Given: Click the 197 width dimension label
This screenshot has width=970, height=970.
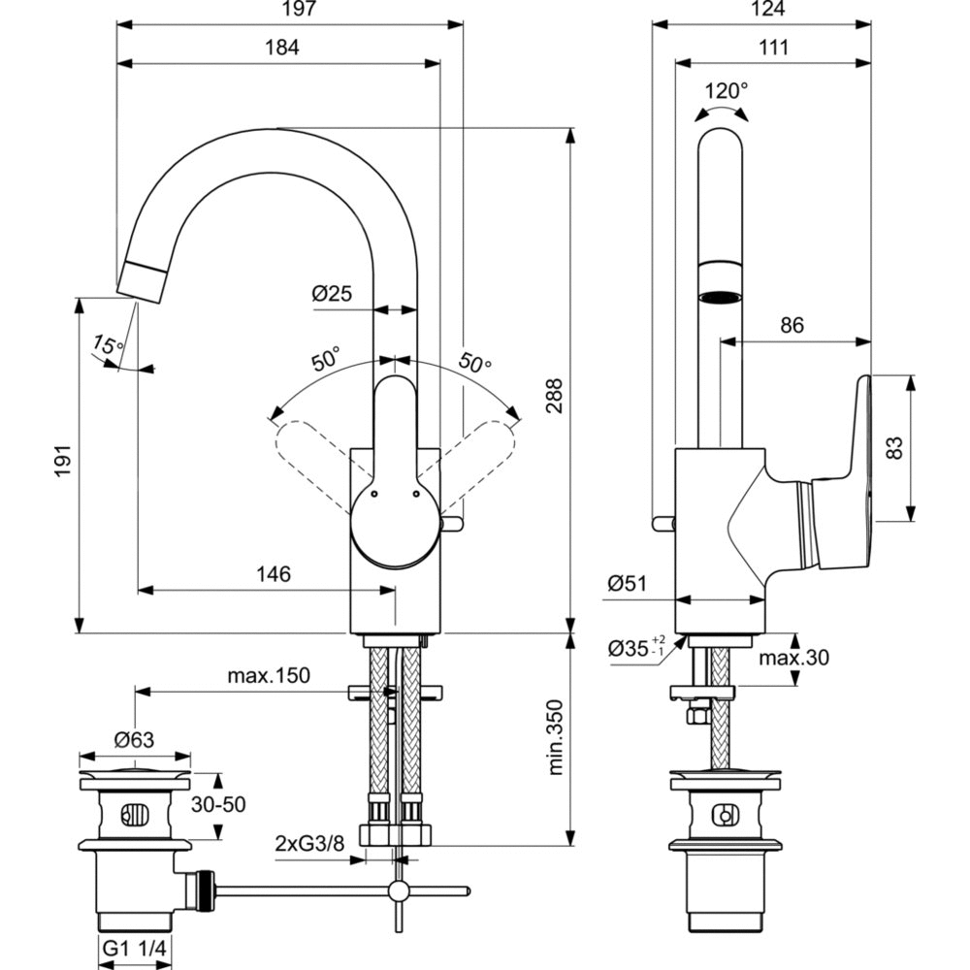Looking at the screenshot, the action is pos(300,9).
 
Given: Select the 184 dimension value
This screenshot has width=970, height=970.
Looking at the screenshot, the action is pos(282,48).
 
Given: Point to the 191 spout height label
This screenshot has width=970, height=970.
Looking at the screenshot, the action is pos(64,461).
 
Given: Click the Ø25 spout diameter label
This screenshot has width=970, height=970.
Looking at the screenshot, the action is pos(332,293).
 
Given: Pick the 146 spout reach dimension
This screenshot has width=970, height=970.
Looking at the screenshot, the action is pos(274,574).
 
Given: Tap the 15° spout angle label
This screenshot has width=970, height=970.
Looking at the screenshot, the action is pos(108,345).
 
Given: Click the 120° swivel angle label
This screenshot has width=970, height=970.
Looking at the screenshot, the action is pos(727,91).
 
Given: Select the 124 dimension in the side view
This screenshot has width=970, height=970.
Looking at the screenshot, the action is pos(768,9).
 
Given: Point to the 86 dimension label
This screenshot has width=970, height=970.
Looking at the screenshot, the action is pos(792,325).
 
